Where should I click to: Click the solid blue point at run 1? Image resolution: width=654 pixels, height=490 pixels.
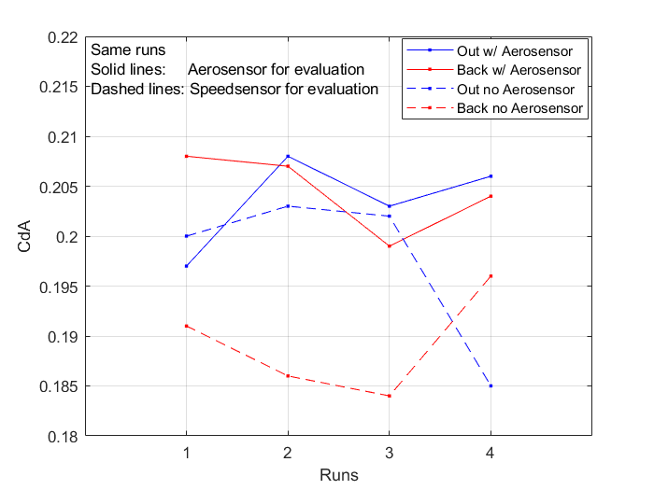[186, 266]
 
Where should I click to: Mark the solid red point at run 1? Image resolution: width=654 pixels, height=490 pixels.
[186, 156]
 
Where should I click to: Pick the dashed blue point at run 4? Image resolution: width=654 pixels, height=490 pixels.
[490, 385]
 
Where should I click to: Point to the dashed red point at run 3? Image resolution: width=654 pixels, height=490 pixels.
[389, 396]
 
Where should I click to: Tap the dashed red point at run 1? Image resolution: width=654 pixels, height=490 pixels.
[186, 326]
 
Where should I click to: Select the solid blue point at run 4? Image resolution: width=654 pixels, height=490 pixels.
[490, 176]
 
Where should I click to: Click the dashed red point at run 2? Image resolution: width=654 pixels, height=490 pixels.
[288, 375]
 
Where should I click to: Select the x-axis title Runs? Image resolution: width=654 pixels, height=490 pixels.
[338, 474]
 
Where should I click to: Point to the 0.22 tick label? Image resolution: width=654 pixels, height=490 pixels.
[63, 38]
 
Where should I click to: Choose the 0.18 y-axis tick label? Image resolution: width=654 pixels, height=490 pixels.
[63, 436]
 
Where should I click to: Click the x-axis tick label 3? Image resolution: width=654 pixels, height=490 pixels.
[389, 453]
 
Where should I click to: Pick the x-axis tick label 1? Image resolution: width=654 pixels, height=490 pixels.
[186, 453]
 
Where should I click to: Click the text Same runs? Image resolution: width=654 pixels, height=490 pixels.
[128, 49]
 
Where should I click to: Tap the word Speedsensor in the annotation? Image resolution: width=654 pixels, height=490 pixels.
[235, 90]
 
